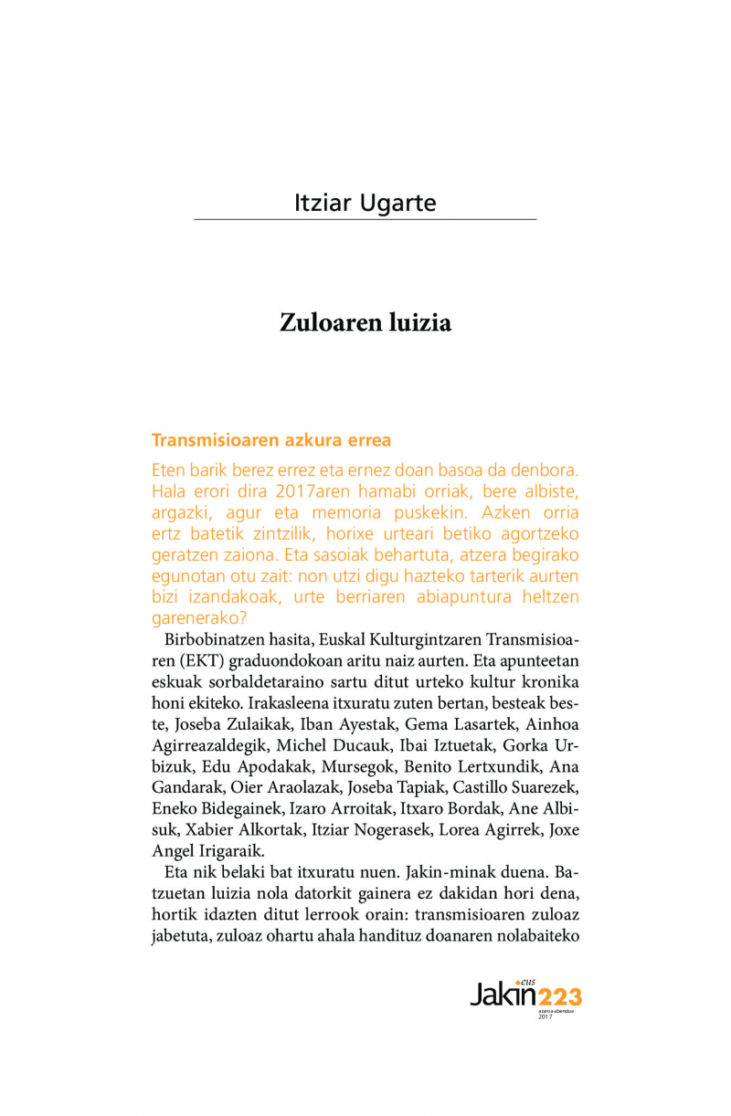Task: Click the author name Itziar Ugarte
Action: pyautogui.click(x=365, y=202)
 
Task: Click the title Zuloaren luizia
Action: pyautogui.click(x=365, y=323)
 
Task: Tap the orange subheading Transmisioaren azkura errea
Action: pyautogui.click(x=271, y=440)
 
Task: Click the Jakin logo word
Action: pyautogui.click(x=502, y=994)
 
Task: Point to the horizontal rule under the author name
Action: pyautogui.click(x=365, y=219)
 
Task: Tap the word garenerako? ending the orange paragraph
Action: pyautogui.click(x=193, y=617)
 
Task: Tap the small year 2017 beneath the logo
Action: pyautogui.click(x=546, y=1016)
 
